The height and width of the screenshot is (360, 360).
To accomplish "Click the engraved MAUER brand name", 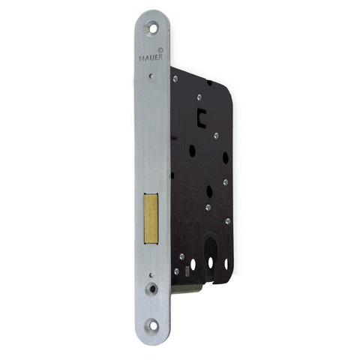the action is [x=151, y=58].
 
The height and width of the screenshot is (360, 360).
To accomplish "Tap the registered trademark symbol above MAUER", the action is [x=160, y=49].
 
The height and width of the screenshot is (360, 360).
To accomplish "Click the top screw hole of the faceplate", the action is [x=151, y=28].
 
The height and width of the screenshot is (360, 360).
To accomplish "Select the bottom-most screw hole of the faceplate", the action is [x=151, y=325].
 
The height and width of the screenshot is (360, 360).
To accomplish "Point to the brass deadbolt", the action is [x=151, y=218].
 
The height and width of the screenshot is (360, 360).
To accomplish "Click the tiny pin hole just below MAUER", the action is [x=150, y=75].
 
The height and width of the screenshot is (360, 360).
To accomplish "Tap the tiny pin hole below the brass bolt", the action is [x=151, y=275].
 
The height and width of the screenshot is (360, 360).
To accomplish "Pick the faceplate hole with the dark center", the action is [x=151, y=289].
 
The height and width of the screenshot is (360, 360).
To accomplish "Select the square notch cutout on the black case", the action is [x=201, y=116].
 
